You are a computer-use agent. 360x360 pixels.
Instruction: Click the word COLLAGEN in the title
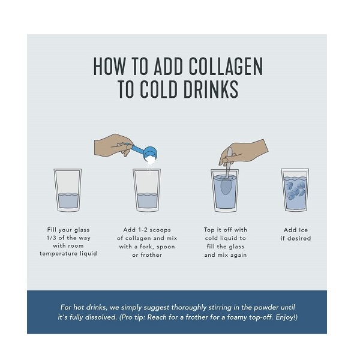point(226,66)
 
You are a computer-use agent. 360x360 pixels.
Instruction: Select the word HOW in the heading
point(110,66)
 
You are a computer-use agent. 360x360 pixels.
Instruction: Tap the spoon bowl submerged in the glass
point(226,186)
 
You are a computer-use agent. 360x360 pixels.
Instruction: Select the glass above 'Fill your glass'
point(68,190)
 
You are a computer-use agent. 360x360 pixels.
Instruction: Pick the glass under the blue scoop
point(147,190)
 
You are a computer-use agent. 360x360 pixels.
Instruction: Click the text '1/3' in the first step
point(51,238)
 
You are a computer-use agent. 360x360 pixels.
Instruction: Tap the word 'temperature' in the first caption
point(59,254)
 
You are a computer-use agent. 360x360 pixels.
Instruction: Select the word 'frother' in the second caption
point(151,255)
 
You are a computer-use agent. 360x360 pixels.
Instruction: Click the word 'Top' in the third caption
point(209,230)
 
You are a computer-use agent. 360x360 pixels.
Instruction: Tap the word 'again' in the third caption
point(239,255)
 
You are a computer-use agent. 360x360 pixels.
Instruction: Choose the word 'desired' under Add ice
point(299,238)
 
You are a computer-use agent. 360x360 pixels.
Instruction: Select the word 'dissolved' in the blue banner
point(102,317)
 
